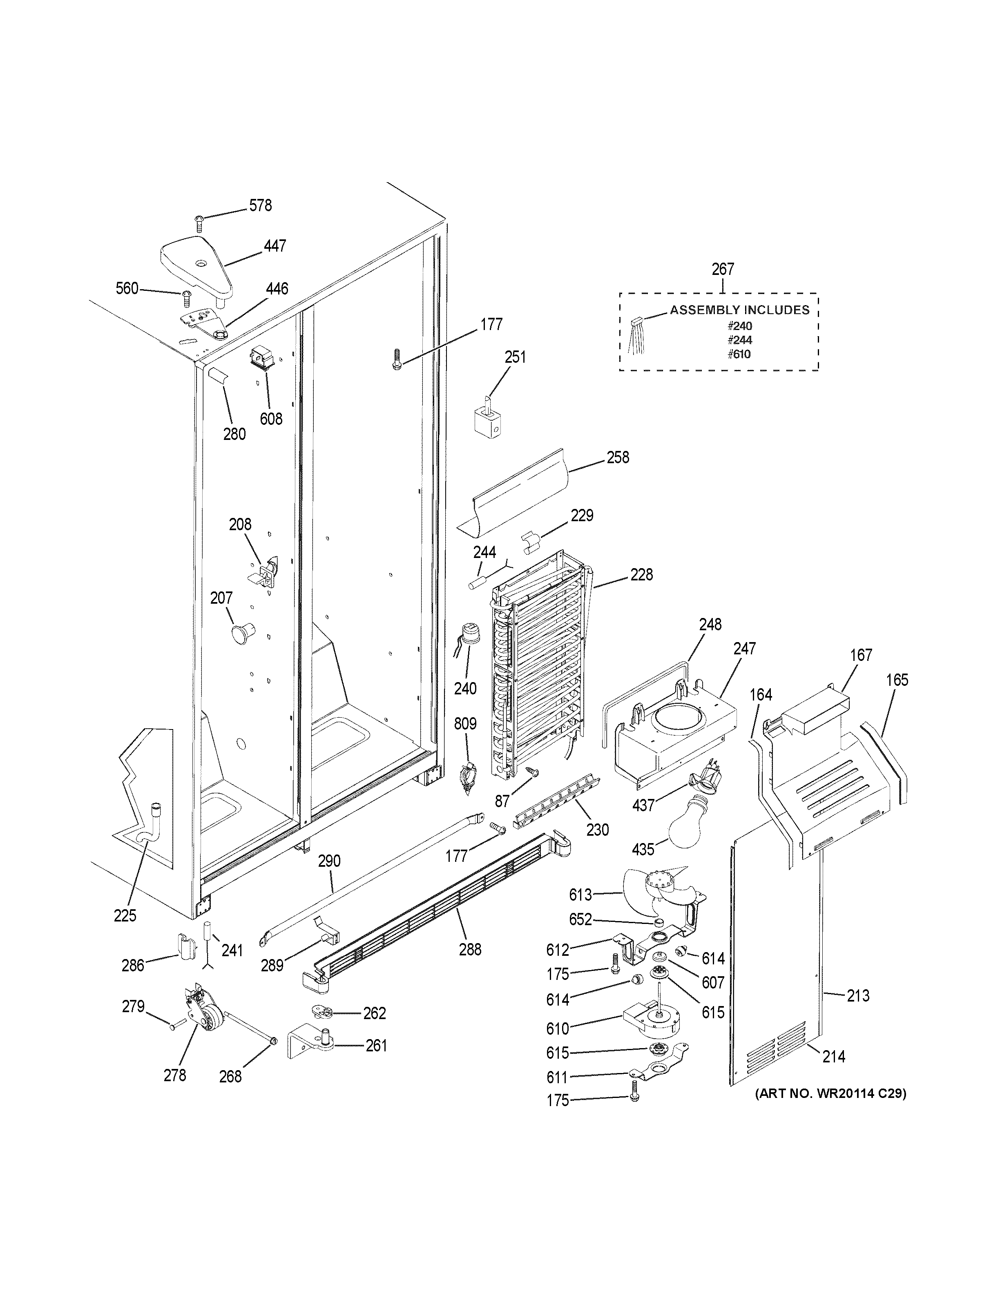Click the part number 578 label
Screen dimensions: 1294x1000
[x=260, y=205]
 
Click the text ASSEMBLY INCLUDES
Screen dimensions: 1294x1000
[x=739, y=310]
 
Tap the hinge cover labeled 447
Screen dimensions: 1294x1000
[x=196, y=264]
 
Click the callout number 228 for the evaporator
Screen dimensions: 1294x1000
[x=642, y=574]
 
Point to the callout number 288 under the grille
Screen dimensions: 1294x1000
[x=470, y=950]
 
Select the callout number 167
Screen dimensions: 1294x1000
[x=861, y=655]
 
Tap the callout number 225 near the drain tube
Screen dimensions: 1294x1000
[x=125, y=915]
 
